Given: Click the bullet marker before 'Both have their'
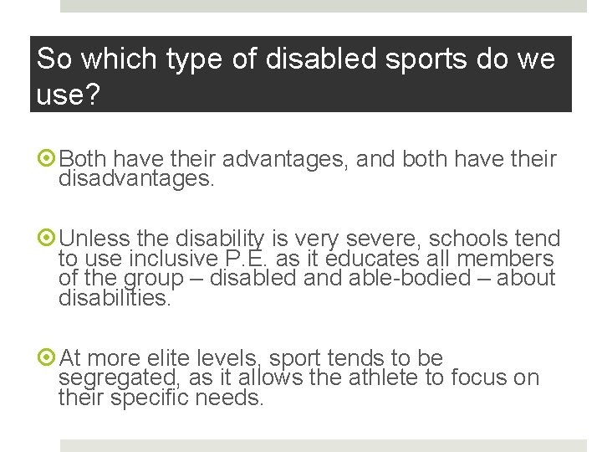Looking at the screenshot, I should point(48,159).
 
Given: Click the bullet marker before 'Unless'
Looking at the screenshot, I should point(48,239).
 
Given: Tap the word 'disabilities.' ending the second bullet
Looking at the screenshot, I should point(115,297).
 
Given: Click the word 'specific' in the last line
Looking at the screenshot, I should point(150,398).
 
